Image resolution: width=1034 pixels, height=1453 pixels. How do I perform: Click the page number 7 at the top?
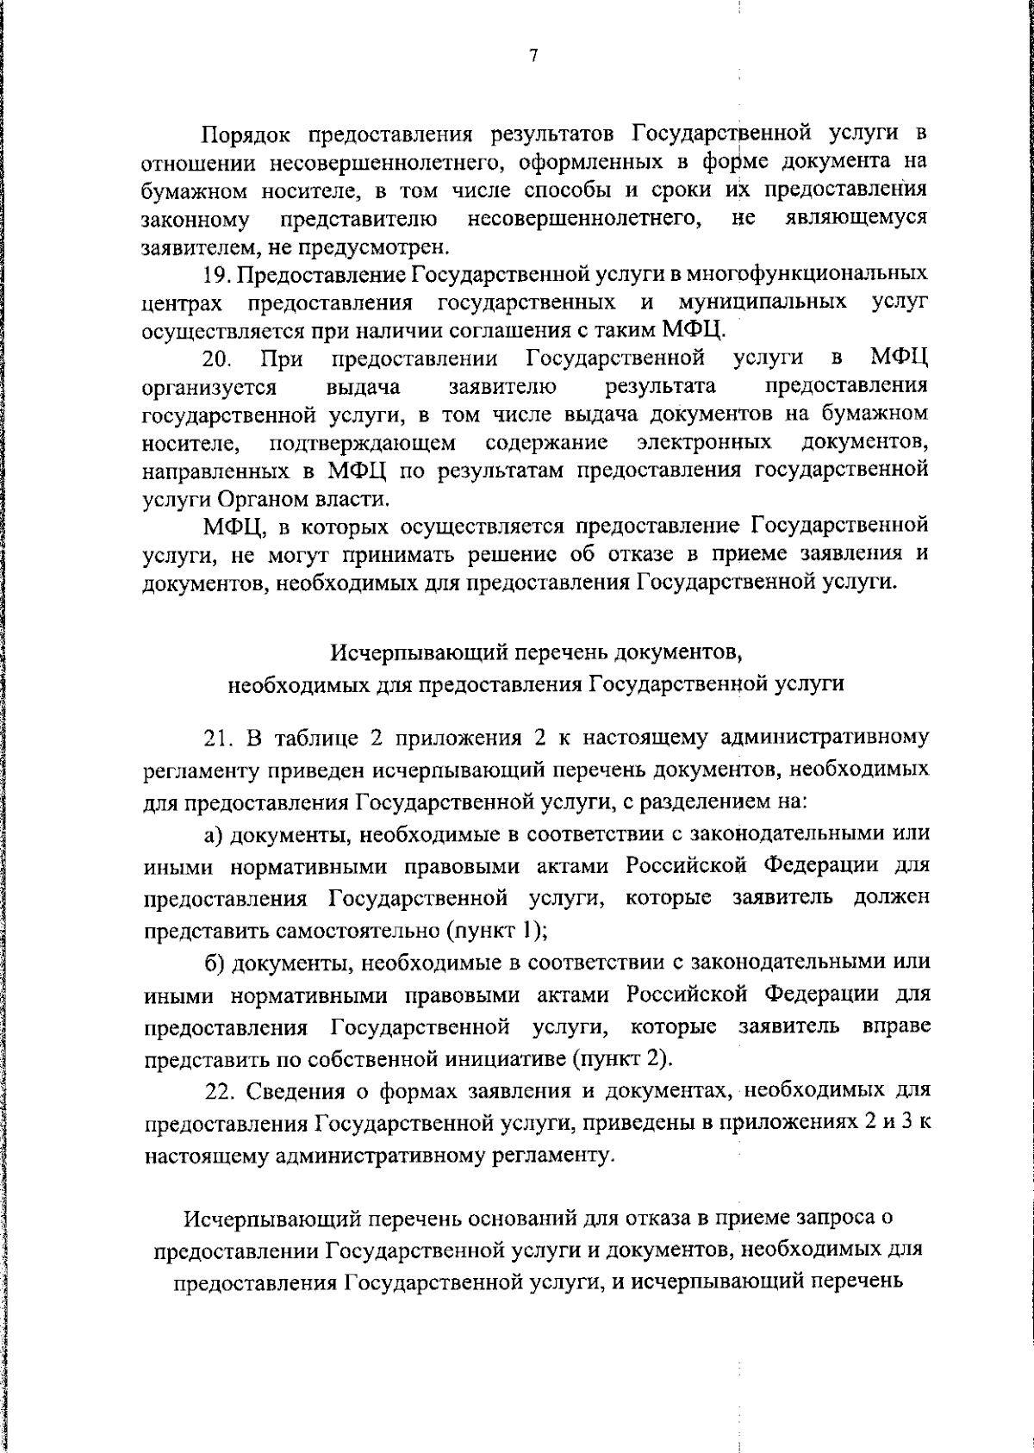[533, 56]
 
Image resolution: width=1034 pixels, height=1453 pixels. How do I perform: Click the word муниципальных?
[762, 302]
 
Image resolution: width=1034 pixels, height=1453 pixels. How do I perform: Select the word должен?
[893, 897]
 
